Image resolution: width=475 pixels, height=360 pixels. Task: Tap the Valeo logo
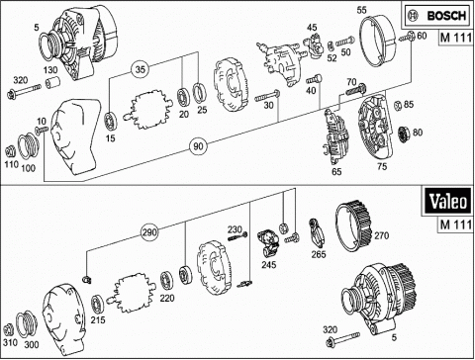(x=448, y=202)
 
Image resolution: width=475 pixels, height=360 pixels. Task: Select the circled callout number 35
(x=140, y=69)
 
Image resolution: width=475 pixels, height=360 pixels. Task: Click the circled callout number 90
(x=198, y=146)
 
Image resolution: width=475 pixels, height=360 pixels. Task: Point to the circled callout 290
(x=149, y=232)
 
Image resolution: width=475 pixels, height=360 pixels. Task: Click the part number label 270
(x=382, y=235)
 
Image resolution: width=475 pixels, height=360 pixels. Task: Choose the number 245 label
(x=269, y=264)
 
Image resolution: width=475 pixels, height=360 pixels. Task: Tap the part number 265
(x=319, y=254)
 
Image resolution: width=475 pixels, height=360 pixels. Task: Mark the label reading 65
(x=336, y=171)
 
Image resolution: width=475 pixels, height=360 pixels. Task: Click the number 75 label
(x=382, y=166)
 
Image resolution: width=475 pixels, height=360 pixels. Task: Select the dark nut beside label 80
(x=404, y=134)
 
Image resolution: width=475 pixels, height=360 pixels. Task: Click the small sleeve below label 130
(x=52, y=82)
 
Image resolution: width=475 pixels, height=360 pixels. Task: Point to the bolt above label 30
(x=267, y=96)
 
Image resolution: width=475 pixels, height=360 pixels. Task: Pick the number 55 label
(x=361, y=10)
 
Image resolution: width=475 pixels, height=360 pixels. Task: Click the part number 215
(x=98, y=319)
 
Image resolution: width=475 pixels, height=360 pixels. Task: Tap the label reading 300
(x=32, y=345)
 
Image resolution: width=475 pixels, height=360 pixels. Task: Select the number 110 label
(x=11, y=164)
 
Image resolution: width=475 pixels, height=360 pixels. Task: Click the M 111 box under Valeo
(x=456, y=225)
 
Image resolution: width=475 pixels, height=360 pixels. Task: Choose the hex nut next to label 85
(x=398, y=105)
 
